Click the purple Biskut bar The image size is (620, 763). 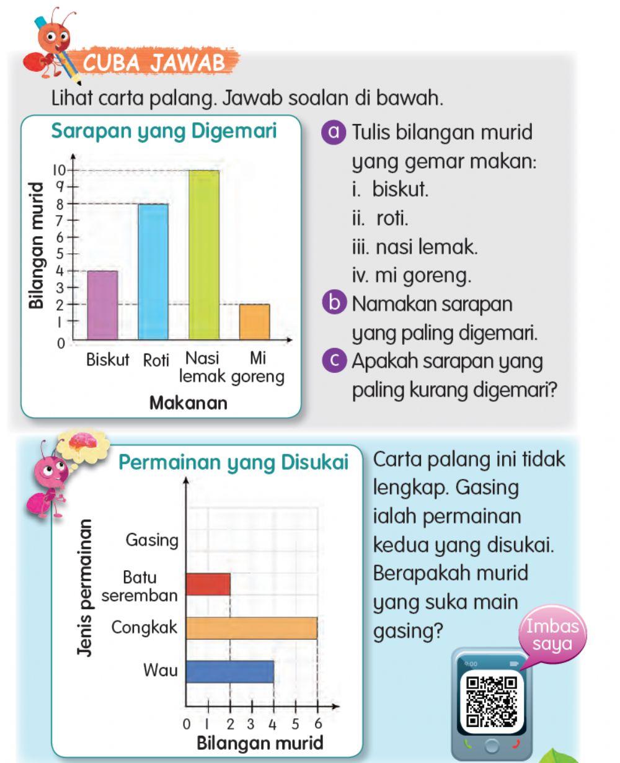click(x=102, y=305)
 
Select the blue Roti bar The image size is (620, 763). click(x=153, y=272)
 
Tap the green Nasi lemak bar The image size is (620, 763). click(x=204, y=255)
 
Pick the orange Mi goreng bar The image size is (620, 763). click(x=255, y=322)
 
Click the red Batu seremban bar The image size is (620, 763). click(x=208, y=584)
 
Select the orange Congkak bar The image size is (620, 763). click(x=252, y=628)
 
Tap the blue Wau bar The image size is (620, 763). click(x=230, y=671)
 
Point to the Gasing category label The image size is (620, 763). click(x=152, y=540)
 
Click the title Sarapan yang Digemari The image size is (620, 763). click(x=164, y=132)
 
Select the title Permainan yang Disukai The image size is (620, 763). click(x=233, y=463)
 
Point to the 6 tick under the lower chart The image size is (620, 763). click(x=318, y=723)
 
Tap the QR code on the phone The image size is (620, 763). click(x=491, y=701)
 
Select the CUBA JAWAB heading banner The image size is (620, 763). click(x=154, y=62)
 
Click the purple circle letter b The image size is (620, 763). click(x=335, y=304)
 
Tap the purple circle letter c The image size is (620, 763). click(x=335, y=361)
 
